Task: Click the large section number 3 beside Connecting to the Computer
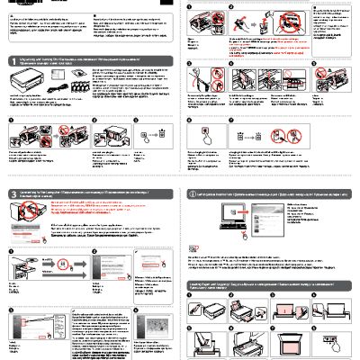(x=9, y=193)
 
